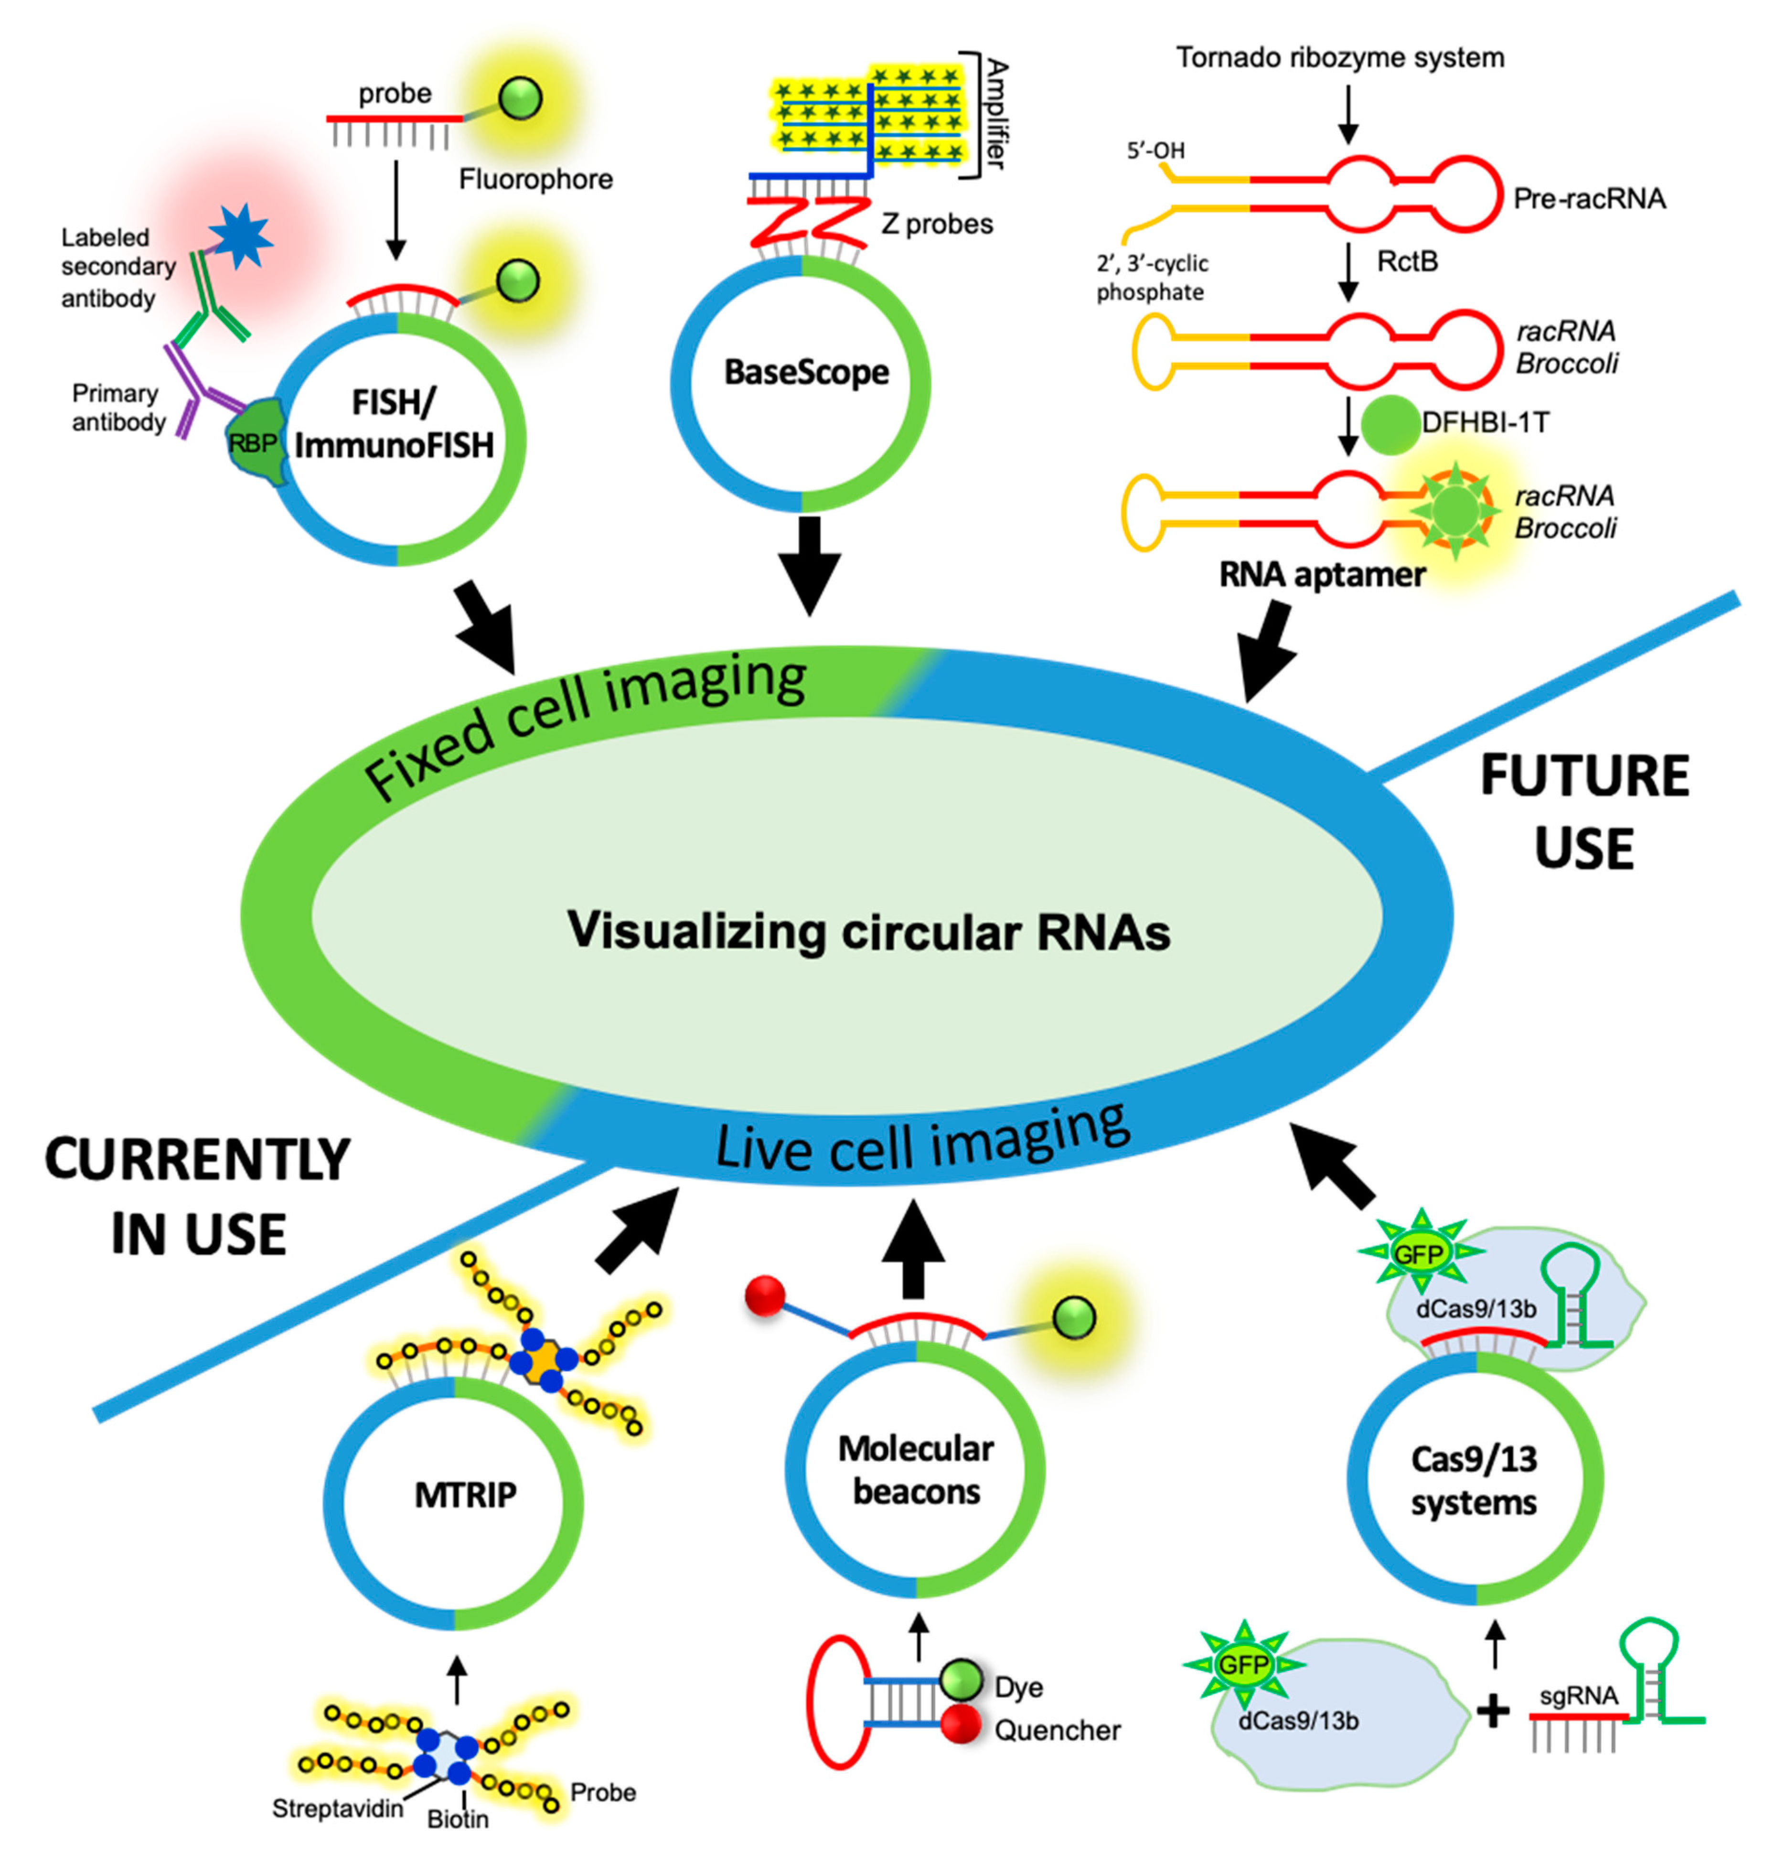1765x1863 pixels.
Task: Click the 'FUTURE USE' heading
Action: [1584, 811]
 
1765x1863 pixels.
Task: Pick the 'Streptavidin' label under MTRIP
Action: [337, 1809]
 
